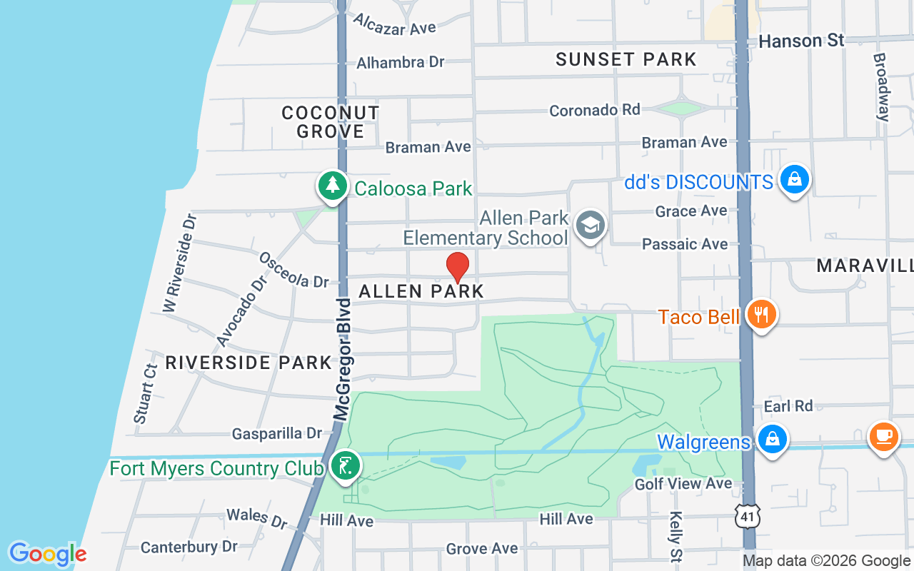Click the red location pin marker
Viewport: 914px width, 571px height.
point(458,267)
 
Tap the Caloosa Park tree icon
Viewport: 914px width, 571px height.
point(332,186)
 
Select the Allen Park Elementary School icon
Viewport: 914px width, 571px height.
point(591,226)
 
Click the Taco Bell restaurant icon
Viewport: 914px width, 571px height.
point(762,314)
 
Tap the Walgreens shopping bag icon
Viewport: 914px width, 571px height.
point(772,439)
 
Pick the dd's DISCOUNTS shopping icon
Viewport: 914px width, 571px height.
point(794,180)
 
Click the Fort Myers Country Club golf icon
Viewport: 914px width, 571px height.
point(346,466)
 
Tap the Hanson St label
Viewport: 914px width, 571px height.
point(801,41)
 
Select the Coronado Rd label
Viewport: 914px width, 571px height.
point(594,110)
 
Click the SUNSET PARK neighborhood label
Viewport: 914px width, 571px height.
point(626,59)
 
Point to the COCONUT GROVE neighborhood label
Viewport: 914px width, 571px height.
point(330,122)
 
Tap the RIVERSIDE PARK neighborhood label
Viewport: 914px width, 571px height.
point(248,363)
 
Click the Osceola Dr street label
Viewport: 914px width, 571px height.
point(293,270)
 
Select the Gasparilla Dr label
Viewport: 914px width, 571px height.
point(277,433)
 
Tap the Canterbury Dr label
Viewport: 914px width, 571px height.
point(189,547)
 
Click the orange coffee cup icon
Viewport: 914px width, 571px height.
point(883,435)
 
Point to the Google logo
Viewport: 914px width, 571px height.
point(47,554)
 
